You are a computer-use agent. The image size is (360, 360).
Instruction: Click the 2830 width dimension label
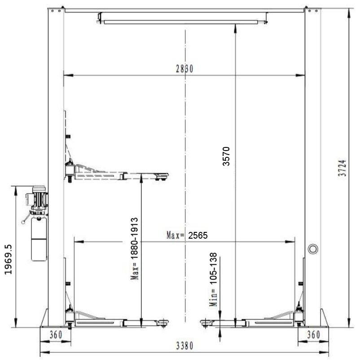[x=184, y=69]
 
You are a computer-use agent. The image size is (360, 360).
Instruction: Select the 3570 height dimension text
[x=226, y=156]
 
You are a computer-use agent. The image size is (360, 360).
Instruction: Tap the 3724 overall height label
[x=342, y=168]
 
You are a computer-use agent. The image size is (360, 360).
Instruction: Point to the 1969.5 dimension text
[x=8, y=259]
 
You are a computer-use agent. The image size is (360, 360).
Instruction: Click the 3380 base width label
[x=184, y=346]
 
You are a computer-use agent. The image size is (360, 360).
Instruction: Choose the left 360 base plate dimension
[x=56, y=334]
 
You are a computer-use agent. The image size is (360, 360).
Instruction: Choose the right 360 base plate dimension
[x=314, y=334]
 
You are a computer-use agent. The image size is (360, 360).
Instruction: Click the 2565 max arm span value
[x=198, y=236]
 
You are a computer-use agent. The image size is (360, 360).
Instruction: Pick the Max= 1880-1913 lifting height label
[x=135, y=249]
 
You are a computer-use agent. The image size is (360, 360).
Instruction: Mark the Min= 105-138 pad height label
[x=213, y=279]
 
